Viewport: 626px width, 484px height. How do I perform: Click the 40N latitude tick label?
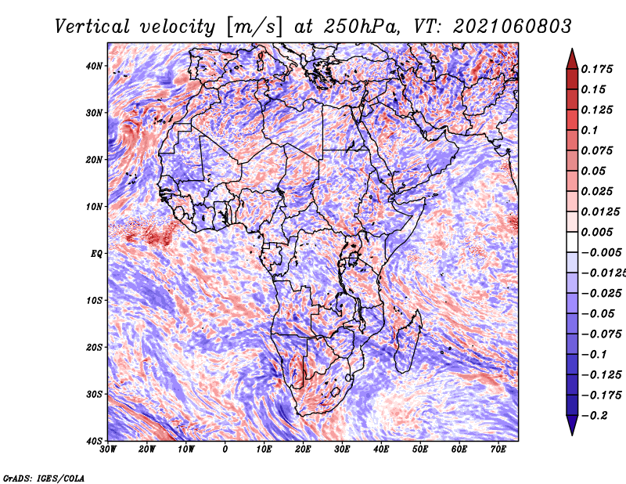point(94,66)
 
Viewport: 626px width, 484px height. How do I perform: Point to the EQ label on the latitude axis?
point(96,254)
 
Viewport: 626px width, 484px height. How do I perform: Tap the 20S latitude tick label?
point(94,347)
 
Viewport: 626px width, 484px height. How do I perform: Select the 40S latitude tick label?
point(94,441)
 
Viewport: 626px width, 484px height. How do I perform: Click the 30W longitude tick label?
point(108,450)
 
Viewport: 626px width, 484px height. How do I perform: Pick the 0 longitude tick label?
point(225,450)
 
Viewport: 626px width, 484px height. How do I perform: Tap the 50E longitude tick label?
point(420,450)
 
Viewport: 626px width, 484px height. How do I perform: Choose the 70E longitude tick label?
point(498,450)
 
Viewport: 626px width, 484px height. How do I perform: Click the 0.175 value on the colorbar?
point(596,69)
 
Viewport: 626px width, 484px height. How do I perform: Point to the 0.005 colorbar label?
point(596,232)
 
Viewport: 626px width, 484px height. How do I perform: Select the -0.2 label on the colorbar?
point(594,416)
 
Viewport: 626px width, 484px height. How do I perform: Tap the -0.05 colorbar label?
point(598,314)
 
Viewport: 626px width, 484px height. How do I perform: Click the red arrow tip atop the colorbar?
point(572,49)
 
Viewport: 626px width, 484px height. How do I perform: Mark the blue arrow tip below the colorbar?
point(572,435)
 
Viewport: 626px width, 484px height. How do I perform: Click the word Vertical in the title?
point(92,27)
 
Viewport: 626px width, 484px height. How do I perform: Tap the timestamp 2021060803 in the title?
point(513,27)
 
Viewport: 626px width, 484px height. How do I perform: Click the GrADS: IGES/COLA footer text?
point(44,479)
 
